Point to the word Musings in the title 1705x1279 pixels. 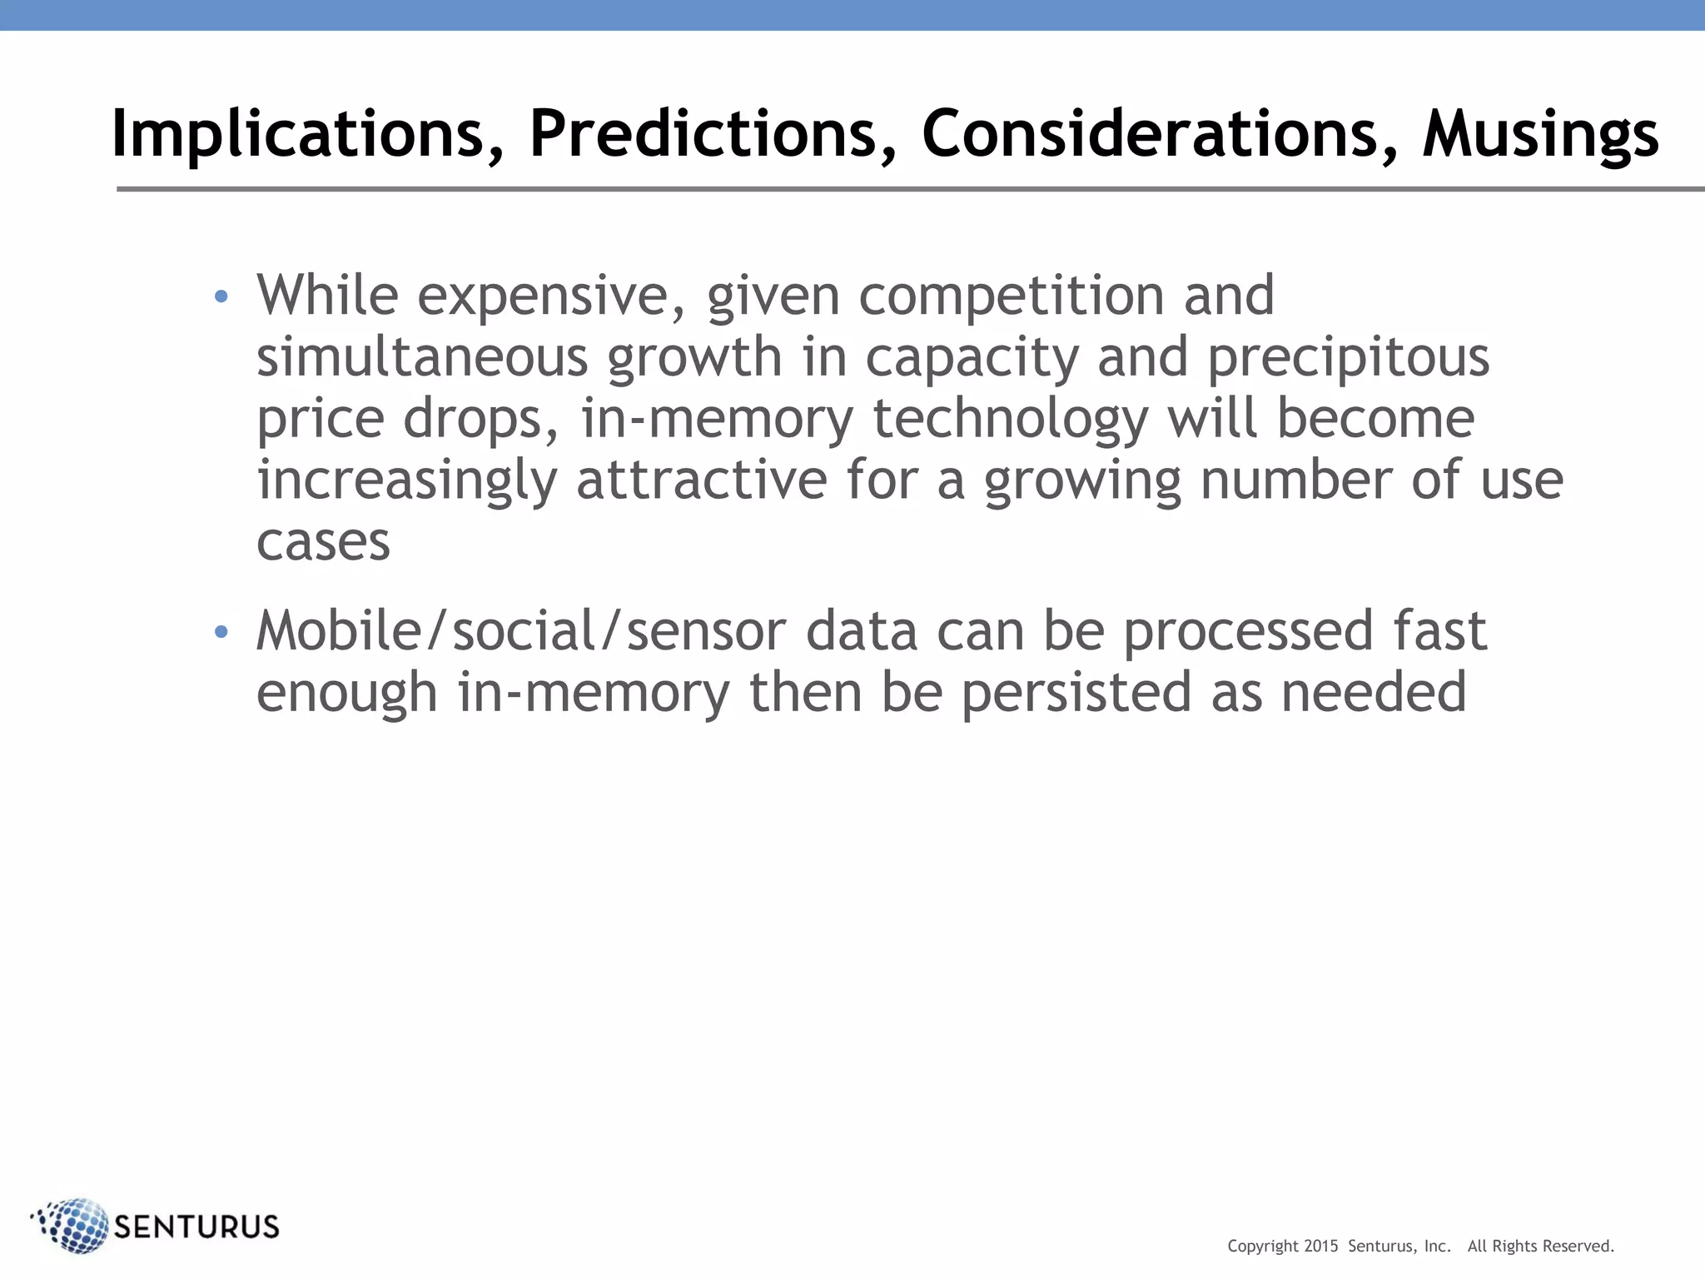[1540, 135]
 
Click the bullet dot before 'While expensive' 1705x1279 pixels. [221, 296]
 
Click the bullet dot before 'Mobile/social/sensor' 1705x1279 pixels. [221, 633]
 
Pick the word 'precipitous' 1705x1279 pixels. [1348, 358]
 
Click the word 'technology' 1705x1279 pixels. [1010, 419]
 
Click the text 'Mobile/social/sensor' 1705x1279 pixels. [520, 631]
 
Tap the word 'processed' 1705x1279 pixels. [1248, 631]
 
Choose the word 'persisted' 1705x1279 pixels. [1076, 693]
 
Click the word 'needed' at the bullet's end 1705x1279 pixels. [1373, 693]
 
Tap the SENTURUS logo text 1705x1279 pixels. [196, 1227]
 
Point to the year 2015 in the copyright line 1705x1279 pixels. [1320, 1246]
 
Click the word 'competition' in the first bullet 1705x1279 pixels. [1011, 296]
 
